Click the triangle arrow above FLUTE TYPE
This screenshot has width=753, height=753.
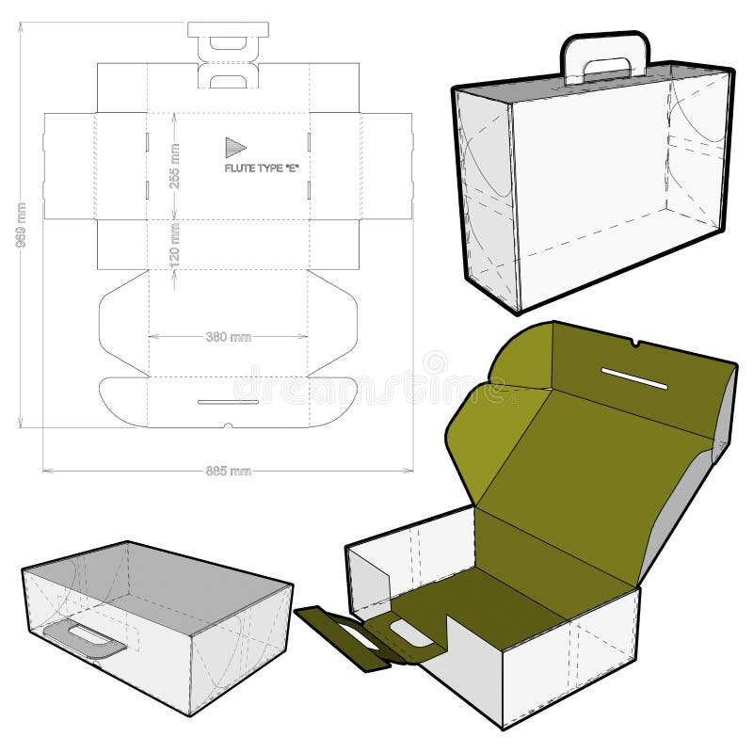[234, 147]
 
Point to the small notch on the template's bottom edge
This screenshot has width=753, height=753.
[229, 425]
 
